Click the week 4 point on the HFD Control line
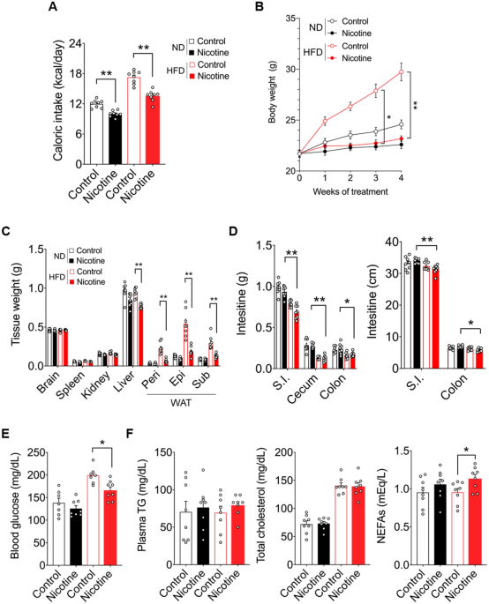coord(401,72)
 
